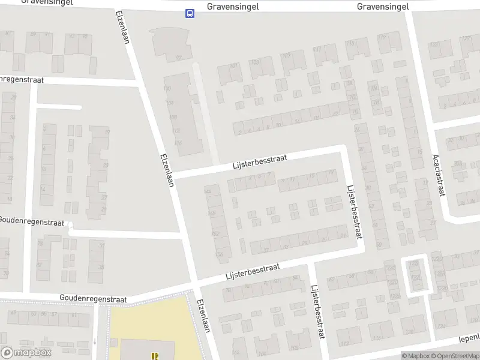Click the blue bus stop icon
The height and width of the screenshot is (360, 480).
pos(190,14)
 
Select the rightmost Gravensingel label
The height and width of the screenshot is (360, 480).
pos(382,7)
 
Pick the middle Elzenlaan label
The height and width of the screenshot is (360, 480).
pos(167,170)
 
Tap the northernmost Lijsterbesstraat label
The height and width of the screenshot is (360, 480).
pos(260,162)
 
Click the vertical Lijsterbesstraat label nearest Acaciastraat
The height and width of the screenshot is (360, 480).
pos(355,212)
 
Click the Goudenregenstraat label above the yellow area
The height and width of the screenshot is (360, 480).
pos(93,298)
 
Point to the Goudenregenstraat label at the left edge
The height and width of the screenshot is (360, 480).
pos(31,222)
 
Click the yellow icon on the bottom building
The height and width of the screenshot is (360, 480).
pos(154,355)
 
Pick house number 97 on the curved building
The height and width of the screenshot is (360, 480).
pos(178,58)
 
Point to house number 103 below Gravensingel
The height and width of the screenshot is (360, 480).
pos(254,62)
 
